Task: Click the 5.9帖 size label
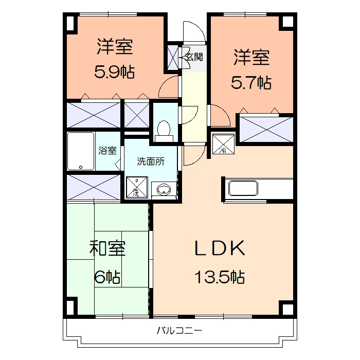(114, 73)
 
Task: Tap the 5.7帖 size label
(251, 82)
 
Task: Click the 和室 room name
(107, 248)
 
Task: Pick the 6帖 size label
(107, 278)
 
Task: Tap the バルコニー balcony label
(179, 330)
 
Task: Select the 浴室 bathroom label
(107, 151)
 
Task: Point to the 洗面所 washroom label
(150, 161)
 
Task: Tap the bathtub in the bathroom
(81, 151)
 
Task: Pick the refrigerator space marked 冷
(224, 145)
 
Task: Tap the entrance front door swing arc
(195, 31)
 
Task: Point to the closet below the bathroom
(93, 186)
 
